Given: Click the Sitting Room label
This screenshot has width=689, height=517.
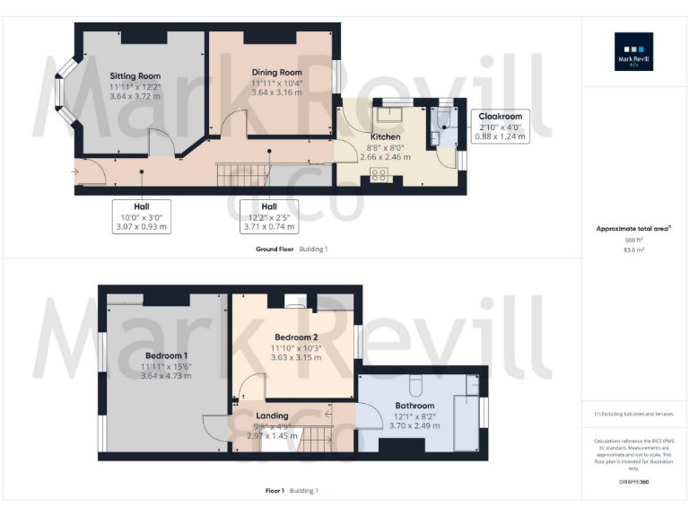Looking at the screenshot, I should [x=135, y=76].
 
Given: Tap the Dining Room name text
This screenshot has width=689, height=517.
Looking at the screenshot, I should [x=276, y=72].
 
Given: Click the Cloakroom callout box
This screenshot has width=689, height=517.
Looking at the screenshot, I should [x=501, y=127].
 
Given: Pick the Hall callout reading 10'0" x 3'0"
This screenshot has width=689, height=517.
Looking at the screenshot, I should [x=142, y=215].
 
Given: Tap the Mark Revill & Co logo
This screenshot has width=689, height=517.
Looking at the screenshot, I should [x=633, y=52].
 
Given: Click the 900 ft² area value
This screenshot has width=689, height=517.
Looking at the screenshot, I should [x=634, y=241].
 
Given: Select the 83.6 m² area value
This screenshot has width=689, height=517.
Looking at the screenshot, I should [x=634, y=250].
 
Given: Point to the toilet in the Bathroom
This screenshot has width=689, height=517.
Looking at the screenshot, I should [x=414, y=385].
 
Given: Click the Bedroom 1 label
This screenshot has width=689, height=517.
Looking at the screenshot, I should [x=166, y=356].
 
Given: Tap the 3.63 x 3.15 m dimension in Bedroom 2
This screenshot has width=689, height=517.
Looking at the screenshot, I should [x=295, y=357].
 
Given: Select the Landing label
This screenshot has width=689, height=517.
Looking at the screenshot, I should [x=272, y=416].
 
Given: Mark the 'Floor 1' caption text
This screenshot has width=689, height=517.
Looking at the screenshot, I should [x=275, y=491].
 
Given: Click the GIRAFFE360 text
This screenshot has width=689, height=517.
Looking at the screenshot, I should [x=633, y=483].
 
